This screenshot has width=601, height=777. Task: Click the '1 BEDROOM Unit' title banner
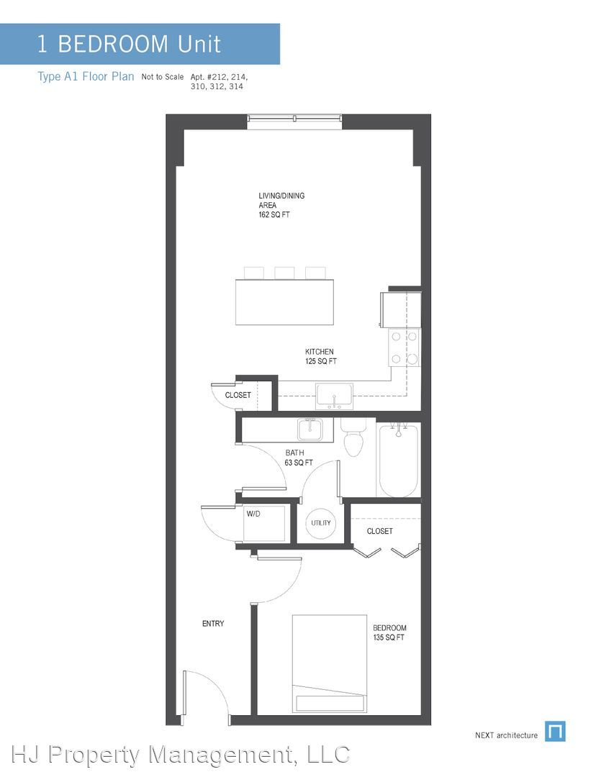tap(140, 44)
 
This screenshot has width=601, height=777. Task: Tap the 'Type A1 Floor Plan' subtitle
tap(86, 77)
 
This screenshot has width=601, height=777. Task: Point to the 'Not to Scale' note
tap(162, 77)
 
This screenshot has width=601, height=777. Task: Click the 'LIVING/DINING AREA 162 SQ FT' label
tap(281, 205)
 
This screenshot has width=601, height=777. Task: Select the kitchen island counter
tap(284, 302)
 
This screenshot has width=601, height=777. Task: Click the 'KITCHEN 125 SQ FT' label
tap(320, 356)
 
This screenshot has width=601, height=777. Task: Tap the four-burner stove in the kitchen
tap(404, 348)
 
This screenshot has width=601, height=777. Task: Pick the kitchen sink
tap(334, 396)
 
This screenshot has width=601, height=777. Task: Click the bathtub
tap(398, 459)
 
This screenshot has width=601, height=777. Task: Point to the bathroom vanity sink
tap(310, 429)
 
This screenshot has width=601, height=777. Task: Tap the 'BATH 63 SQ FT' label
tap(299, 458)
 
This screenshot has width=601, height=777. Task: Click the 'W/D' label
tap(253, 514)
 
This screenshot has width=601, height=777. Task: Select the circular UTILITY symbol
tap(321, 523)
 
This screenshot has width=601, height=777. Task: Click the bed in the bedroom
tap(329, 664)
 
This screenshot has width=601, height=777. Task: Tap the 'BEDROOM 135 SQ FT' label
tap(389, 632)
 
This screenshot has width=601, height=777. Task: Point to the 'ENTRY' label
tap(213, 623)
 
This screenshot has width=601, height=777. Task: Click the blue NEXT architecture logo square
tap(555, 732)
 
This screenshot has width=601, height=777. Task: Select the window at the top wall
tap(294, 119)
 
